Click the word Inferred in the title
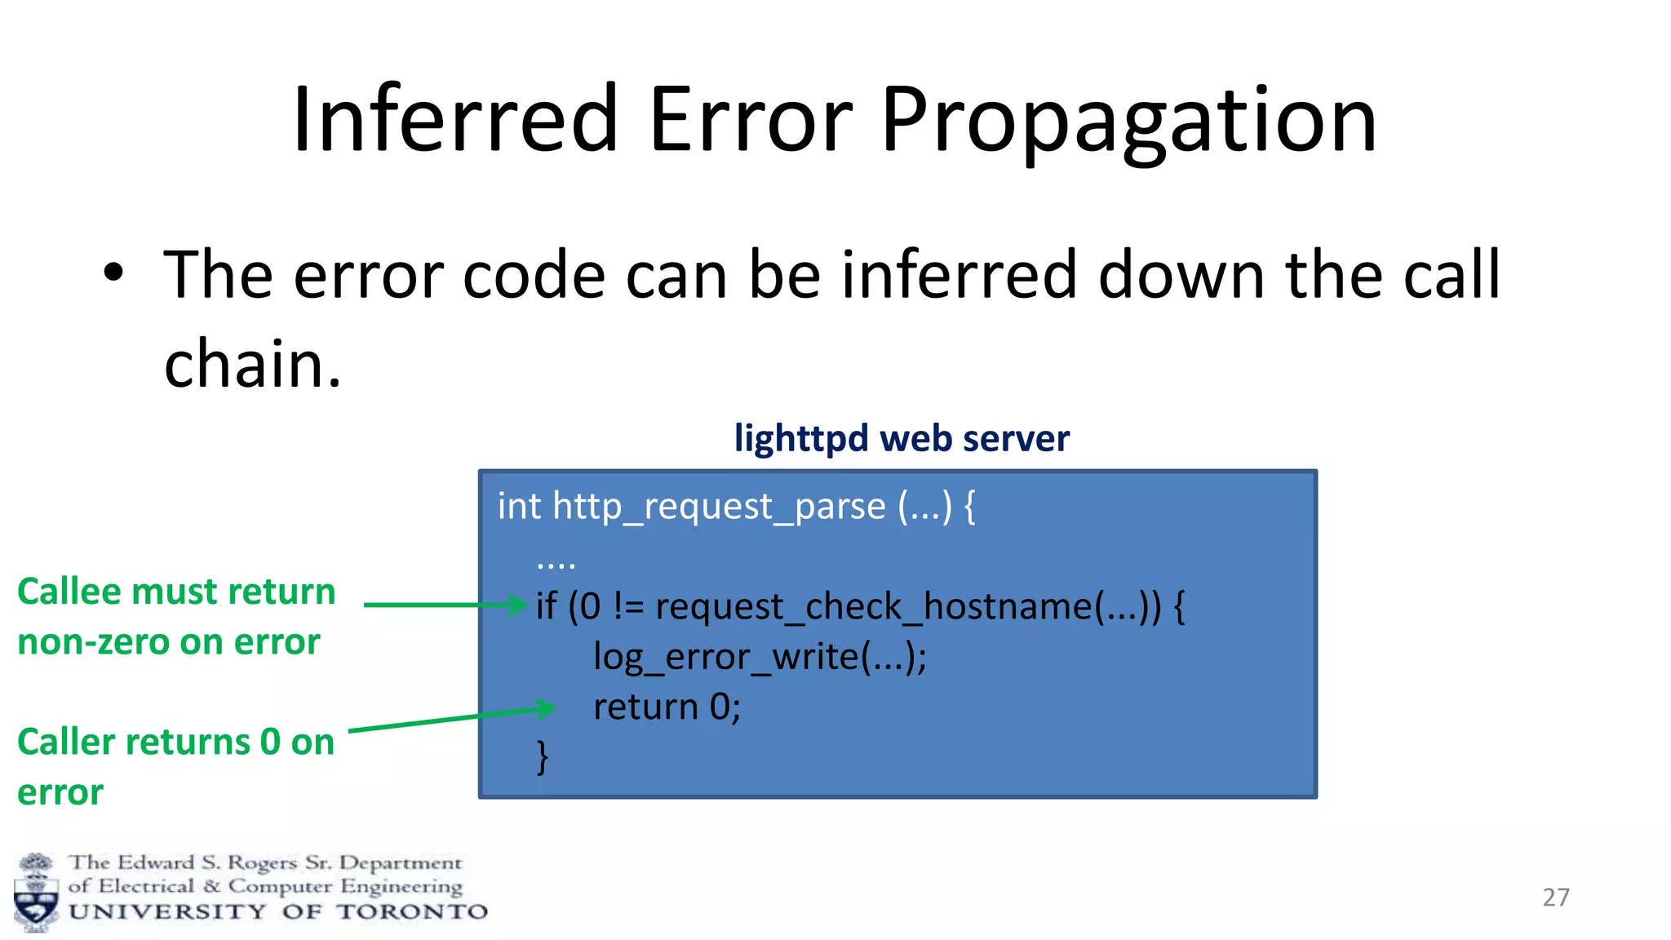455,121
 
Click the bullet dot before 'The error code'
113,273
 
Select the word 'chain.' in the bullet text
252,364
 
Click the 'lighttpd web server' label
902,438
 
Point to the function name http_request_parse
719,507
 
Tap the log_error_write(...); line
760,658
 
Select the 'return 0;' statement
667,707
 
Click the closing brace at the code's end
543,757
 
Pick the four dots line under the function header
556,563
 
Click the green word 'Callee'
69,592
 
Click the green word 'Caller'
67,743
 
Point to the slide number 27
1556,898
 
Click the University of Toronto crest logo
36,893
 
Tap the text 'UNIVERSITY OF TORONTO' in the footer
277,912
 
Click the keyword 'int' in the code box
519,507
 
